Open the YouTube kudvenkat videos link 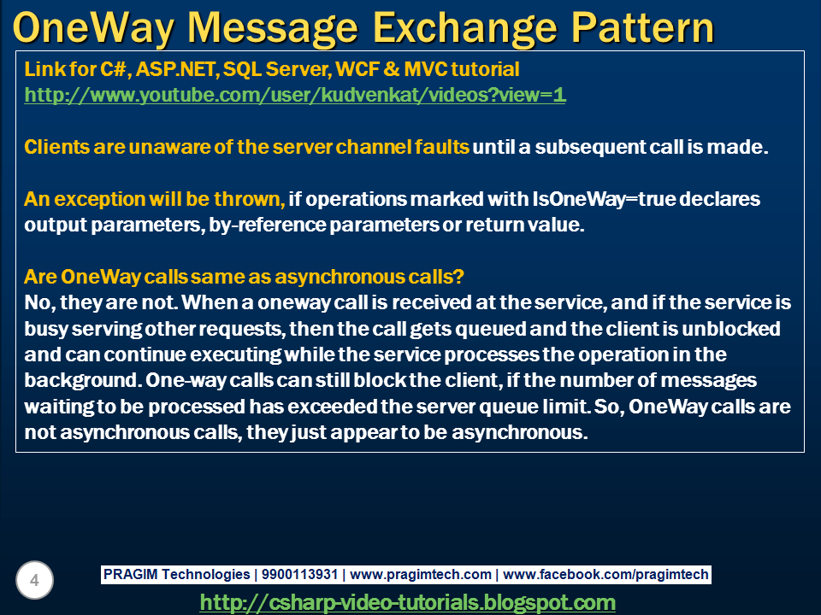pos(295,95)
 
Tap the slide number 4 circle pos(34,582)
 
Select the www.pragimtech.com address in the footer pos(421,575)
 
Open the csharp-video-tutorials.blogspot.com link pos(407,602)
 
